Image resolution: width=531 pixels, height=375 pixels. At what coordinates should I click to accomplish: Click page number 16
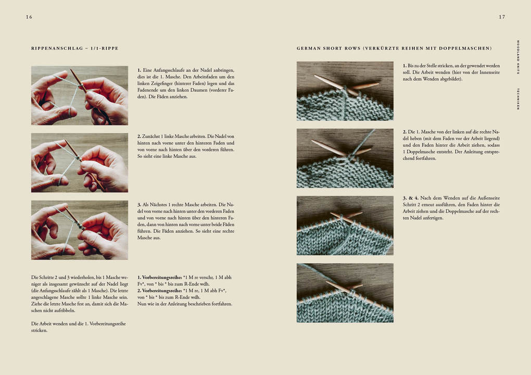[x=29, y=17]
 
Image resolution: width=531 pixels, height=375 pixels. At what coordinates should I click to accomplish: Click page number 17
[x=502, y=17]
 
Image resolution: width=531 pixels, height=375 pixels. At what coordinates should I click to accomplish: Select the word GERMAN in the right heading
[x=309, y=48]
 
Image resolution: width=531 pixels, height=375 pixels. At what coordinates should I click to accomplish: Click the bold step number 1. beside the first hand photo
[x=140, y=70]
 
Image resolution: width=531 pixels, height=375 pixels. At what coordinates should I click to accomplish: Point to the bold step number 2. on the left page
[x=140, y=136]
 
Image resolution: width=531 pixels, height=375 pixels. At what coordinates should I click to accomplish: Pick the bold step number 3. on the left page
[x=140, y=204]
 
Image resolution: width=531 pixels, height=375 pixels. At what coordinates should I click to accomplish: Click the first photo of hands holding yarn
[x=80, y=95]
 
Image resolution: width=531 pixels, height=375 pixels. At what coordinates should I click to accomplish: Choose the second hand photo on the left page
[x=80, y=162]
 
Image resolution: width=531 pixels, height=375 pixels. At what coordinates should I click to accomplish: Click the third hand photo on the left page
[x=80, y=230]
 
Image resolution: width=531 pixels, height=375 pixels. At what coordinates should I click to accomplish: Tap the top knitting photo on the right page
[x=345, y=91]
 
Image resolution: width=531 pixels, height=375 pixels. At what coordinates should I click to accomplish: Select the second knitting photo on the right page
[x=345, y=158]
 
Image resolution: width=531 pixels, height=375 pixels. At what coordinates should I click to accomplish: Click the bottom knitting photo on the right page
[x=345, y=293]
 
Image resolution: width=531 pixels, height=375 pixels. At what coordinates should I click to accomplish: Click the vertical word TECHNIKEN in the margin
[x=518, y=98]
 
